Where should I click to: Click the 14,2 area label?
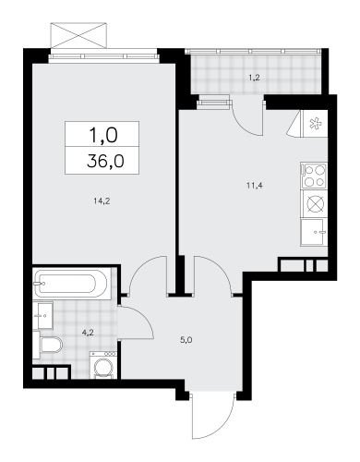102,201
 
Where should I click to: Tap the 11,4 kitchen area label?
254,186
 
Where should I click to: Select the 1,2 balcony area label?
255,78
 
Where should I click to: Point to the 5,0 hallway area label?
186,340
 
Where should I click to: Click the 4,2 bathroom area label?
87,333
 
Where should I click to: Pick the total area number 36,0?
105,161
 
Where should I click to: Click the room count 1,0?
103,135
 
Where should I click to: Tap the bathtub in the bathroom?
71,283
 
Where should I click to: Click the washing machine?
103,365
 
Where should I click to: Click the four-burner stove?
314,176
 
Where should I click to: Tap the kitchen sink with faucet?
314,232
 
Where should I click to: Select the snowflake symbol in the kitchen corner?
315,124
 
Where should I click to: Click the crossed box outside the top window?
78,35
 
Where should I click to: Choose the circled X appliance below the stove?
314,204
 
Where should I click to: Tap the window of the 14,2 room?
104,56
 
